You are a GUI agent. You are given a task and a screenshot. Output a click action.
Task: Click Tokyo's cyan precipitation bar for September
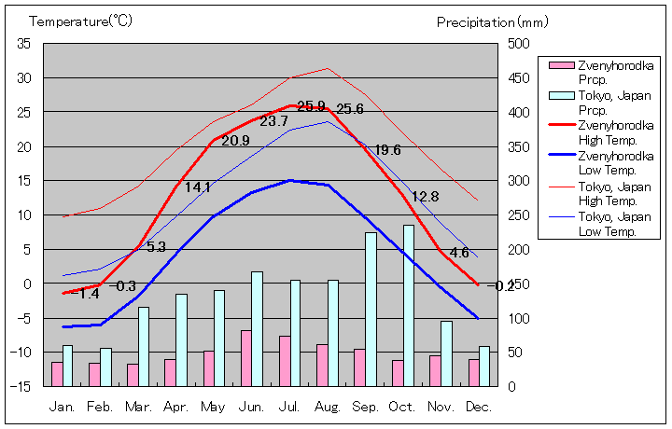(371, 309)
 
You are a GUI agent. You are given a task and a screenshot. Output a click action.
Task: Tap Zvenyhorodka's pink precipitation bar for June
(245, 357)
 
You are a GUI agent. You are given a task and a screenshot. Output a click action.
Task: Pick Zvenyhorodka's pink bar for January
(57, 373)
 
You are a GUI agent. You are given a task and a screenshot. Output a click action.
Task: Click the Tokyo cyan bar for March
(144, 346)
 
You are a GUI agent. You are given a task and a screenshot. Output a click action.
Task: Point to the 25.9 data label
(311, 106)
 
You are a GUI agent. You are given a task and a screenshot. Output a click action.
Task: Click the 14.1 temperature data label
(198, 187)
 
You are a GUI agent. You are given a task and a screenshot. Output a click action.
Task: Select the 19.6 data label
(387, 150)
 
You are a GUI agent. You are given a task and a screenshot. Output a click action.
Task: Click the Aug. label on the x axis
(327, 407)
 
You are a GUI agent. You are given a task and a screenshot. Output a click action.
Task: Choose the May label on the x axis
(213, 407)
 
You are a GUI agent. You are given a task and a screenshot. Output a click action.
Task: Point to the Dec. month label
(479, 407)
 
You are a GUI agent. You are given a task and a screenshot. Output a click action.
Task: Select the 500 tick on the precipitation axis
(519, 44)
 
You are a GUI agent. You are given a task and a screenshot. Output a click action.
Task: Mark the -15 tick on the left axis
(21, 385)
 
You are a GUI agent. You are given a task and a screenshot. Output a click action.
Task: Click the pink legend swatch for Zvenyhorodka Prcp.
(561, 65)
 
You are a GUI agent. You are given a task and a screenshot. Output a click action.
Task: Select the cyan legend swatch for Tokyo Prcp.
(561, 96)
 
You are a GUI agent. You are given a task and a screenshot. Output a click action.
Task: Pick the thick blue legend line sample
(561, 157)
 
